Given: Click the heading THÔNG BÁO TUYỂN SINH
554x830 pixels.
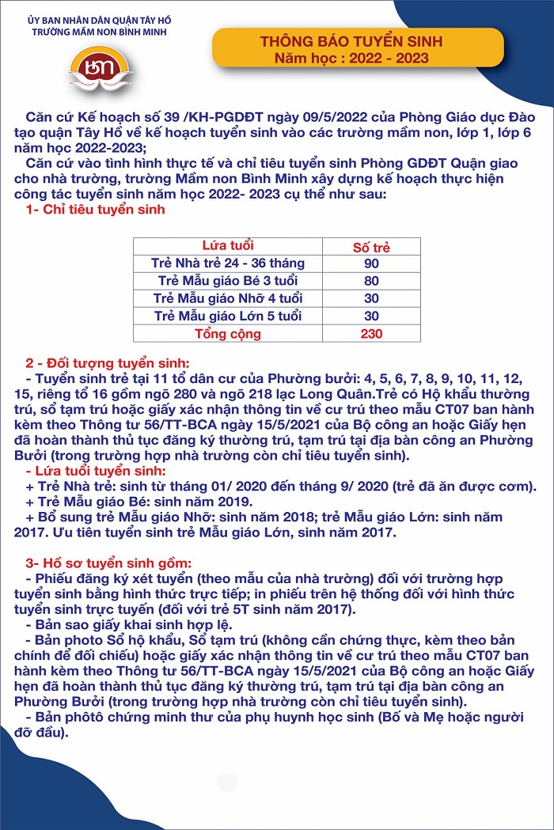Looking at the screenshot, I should [x=351, y=41].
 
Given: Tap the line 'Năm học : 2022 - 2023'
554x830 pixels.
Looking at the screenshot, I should [x=351, y=58].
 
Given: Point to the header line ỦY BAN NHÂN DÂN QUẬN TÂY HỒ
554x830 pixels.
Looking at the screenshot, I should [x=100, y=19].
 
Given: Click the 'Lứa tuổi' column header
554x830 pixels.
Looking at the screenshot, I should [x=228, y=246].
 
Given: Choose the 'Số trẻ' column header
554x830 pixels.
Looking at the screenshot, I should [x=370, y=247].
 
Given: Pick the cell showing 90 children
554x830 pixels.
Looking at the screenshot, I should [x=370, y=263].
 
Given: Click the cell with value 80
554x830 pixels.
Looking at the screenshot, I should [x=370, y=281].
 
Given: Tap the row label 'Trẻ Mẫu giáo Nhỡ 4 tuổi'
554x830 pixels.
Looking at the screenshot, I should [x=228, y=298].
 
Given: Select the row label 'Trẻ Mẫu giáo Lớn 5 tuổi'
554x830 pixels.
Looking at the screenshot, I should [x=228, y=316].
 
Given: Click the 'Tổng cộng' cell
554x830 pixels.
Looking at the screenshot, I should [x=228, y=333].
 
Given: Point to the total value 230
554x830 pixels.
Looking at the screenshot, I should [x=370, y=333].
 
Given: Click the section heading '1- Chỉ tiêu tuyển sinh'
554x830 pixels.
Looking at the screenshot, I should [x=96, y=210].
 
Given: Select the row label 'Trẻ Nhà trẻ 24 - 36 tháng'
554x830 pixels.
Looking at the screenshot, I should [x=228, y=263].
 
